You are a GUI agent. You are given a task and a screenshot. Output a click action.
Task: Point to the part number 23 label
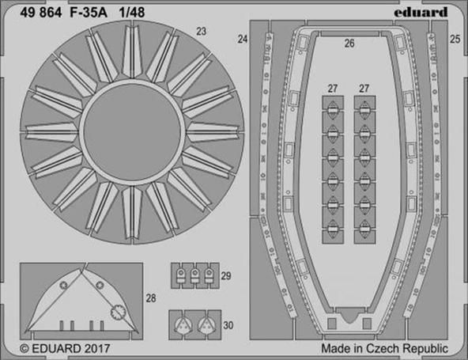[202, 32]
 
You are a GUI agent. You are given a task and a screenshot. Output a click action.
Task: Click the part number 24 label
[242, 39]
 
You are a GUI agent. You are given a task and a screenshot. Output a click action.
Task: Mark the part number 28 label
[151, 298]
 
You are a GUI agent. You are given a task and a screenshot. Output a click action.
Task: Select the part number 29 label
[226, 276]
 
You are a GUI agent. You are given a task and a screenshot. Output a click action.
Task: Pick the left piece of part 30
[183, 323]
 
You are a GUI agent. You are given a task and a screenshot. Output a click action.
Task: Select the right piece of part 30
[206, 323]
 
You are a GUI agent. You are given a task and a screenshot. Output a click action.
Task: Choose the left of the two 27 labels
[333, 89]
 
